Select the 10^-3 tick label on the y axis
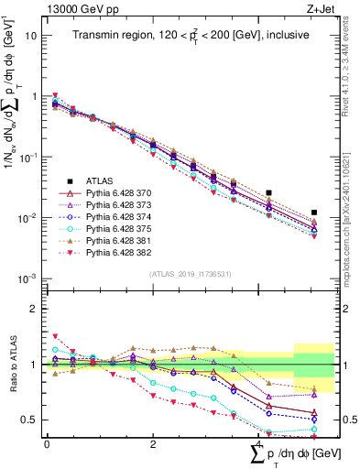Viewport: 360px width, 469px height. tap(27, 278)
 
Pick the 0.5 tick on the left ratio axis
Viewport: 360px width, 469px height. tap(29, 420)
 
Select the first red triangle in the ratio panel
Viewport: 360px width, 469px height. tap(55, 336)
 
